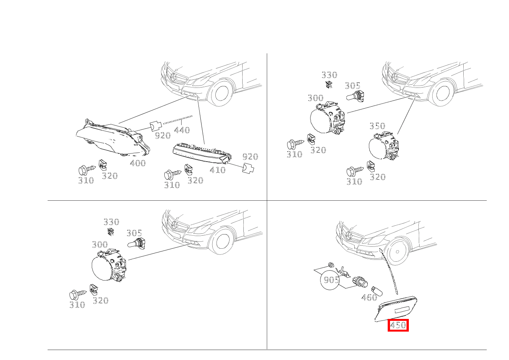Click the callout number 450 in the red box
click(398, 325)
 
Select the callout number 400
click(138, 163)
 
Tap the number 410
click(218, 170)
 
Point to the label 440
click(182, 130)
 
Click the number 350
click(377, 126)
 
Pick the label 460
click(369, 297)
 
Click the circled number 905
click(331, 280)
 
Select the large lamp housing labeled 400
click(112, 137)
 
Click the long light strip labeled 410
click(202, 154)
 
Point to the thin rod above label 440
click(177, 119)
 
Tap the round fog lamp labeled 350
click(384, 145)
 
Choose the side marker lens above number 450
click(396, 309)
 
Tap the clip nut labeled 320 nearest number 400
click(102, 165)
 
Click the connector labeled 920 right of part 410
click(248, 168)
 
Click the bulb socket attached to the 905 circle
click(360, 282)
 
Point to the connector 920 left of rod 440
click(155, 126)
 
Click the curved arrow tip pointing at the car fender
click(380, 249)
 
